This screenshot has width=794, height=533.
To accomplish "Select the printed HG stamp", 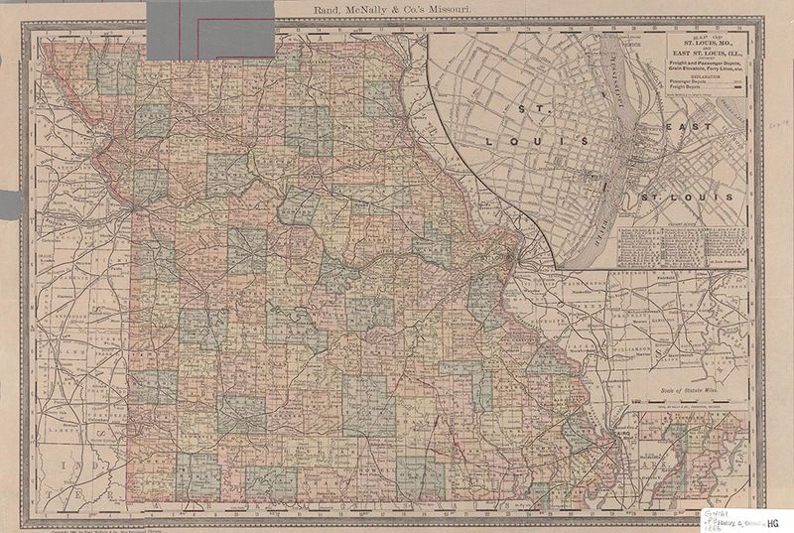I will (773, 521).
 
